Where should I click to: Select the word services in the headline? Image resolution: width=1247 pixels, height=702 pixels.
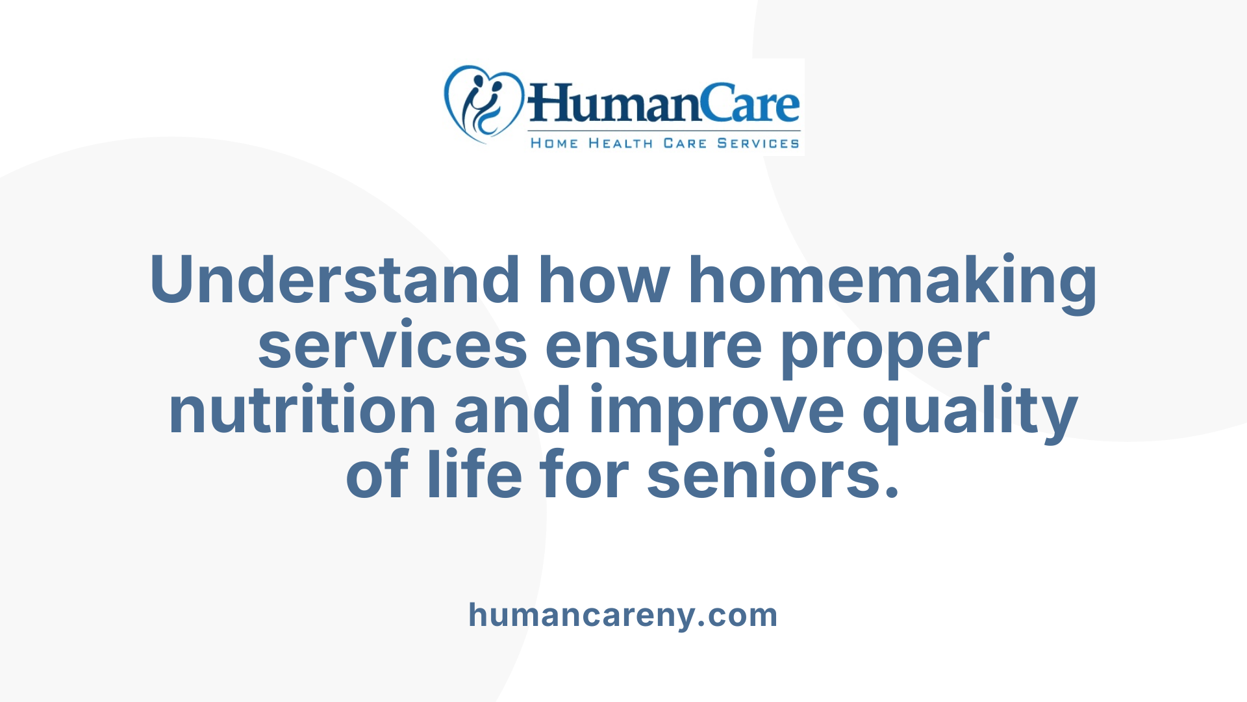pyautogui.click(x=392, y=346)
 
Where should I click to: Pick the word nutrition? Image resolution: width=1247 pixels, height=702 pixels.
pyautogui.click(x=302, y=411)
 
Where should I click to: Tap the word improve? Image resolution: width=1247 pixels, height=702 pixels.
pyautogui.click(x=716, y=412)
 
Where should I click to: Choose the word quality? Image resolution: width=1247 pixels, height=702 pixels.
pyautogui.click(x=970, y=412)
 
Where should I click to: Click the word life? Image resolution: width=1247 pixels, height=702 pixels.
pyautogui.click(x=474, y=474)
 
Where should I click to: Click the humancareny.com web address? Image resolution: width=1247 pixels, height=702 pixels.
pyautogui.click(x=623, y=615)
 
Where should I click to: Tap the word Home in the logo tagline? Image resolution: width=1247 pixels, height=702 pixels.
pyautogui.click(x=554, y=143)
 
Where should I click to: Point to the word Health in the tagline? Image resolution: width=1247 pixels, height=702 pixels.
pyautogui.click(x=620, y=143)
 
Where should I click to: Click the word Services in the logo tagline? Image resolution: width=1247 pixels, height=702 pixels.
pyautogui.click(x=758, y=143)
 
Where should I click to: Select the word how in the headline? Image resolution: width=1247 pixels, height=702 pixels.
pyautogui.click(x=604, y=281)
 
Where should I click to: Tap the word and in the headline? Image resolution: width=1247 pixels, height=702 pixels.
pyautogui.click(x=512, y=411)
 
